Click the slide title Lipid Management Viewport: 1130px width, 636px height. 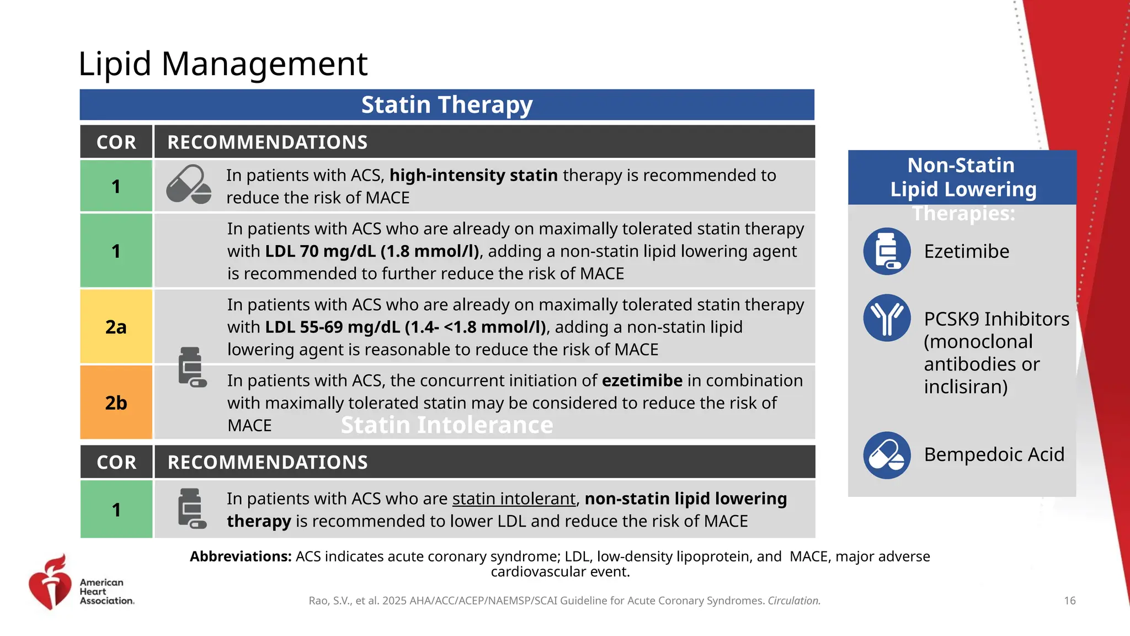tap(222, 63)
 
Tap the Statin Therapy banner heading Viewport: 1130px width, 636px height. tap(446, 105)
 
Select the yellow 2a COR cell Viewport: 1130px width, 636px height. tap(116, 327)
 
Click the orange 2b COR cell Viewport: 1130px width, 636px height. tap(116, 403)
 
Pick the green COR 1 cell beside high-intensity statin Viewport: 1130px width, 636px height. tap(116, 187)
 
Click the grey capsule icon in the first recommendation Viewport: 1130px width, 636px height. tap(189, 184)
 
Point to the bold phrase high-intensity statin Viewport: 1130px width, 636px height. tap(473, 176)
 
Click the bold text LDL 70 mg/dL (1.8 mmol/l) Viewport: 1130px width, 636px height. tap(372, 252)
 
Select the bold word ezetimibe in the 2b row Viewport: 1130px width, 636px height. tap(642, 381)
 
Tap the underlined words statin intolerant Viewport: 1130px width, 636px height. tap(514, 499)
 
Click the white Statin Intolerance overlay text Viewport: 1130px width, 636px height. tap(446, 425)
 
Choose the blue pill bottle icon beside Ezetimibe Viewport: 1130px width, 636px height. tap(887, 252)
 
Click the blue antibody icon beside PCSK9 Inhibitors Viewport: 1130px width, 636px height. tap(887, 318)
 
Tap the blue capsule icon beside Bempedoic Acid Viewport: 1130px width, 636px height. tap(887, 455)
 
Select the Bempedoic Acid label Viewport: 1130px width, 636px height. tap(994, 455)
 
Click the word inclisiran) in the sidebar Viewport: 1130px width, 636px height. tap(966, 387)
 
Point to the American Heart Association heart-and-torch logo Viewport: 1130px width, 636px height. tap(50, 582)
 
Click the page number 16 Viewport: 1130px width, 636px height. tap(1069, 601)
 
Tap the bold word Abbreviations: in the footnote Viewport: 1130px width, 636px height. tap(240, 556)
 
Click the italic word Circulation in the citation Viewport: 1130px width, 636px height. tap(793, 601)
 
